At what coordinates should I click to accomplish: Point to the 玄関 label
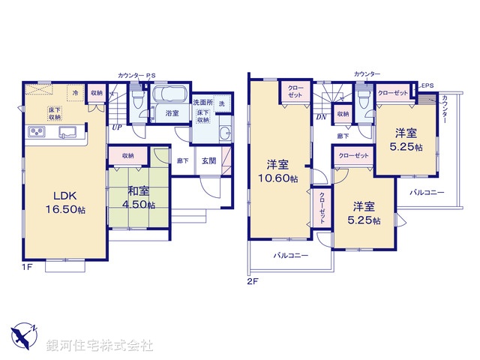click(x=208, y=160)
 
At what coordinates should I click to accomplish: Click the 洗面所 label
click(x=203, y=102)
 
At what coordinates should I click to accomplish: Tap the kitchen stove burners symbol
click(x=37, y=133)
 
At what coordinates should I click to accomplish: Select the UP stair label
click(x=117, y=127)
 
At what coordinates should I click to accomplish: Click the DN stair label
click(x=320, y=117)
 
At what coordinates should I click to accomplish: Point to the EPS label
click(x=427, y=86)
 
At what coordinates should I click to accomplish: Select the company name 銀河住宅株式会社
click(x=100, y=346)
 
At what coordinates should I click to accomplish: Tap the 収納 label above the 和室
click(x=125, y=155)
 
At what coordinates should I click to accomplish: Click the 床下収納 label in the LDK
click(x=55, y=114)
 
